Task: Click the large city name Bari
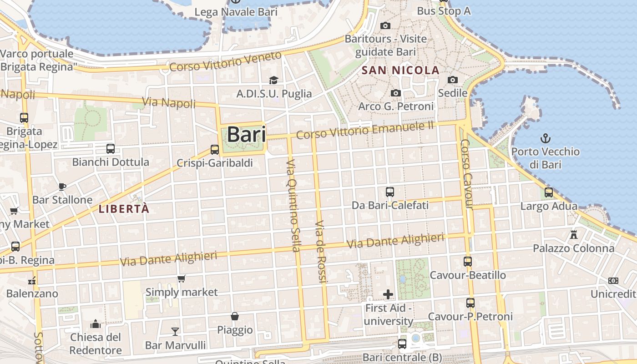click(246, 134)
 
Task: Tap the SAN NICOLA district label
click(400, 71)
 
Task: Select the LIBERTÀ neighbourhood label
click(124, 209)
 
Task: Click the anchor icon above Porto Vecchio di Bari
click(545, 138)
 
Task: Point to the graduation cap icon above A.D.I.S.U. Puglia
click(273, 80)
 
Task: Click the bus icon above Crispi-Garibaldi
click(214, 149)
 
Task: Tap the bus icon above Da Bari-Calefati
click(390, 192)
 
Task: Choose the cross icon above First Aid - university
click(388, 294)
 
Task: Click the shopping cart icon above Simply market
click(182, 278)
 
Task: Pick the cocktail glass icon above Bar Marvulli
click(175, 331)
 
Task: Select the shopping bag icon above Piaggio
click(235, 316)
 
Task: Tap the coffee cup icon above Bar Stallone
click(62, 187)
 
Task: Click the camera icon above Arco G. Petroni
click(396, 93)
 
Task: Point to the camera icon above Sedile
click(452, 80)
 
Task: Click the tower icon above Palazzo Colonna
click(573, 235)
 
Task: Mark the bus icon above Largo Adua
click(549, 192)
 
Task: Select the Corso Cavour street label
click(467, 173)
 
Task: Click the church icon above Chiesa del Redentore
click(96, 324)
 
